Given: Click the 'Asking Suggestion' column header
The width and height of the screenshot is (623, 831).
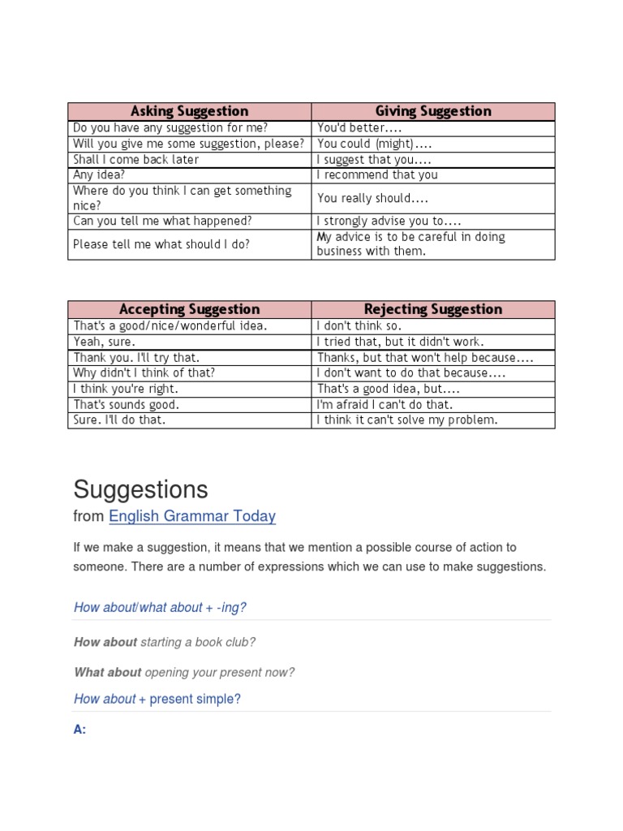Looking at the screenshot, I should pos(189,111).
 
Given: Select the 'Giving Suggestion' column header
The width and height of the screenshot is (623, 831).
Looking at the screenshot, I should pos(433,111).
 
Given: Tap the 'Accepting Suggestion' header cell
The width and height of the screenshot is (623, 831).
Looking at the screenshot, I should pos(189,309).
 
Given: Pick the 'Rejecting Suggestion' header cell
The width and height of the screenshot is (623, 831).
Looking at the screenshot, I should pos(433,309).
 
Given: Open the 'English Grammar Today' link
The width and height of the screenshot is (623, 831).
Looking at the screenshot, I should pos(192,516).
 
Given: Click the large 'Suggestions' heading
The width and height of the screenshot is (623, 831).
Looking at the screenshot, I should pos(140,489).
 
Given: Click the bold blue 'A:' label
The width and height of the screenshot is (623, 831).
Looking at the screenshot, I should pos(79,730).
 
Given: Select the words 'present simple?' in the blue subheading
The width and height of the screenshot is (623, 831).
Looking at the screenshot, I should pos(195,699).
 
